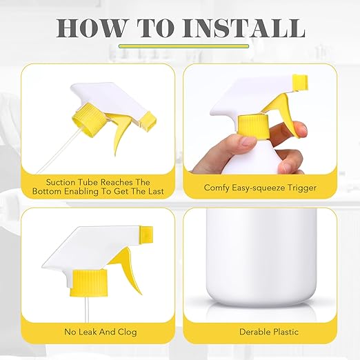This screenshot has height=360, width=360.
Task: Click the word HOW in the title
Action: [90, 28]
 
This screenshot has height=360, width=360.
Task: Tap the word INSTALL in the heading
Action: [243, 28]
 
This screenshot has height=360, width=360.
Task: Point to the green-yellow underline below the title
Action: [183, 46]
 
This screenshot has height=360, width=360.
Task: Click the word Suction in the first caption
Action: [61, 182]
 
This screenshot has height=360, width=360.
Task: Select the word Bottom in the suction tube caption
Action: [47, 192]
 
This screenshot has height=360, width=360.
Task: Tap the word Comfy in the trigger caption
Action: [217, 188]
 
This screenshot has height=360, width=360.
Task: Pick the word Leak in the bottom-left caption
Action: [86, 332]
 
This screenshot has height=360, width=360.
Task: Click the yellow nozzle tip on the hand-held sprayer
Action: [300, 82]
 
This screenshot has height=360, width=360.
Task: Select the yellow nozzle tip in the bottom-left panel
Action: [146, 234]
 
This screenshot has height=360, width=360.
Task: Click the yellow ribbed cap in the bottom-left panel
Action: [89, 283]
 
